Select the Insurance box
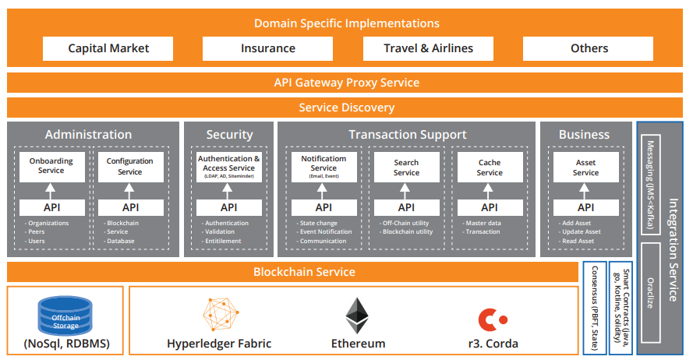(x=267, y=48)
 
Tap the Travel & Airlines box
(x=428, y=48)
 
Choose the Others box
(x=589, y=48)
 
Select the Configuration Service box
(x=129, y=167)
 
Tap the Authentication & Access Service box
(x=229, y=167)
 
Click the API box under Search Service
(x=406, y=207)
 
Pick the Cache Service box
(x=490, y=167)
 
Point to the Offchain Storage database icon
(x=65, y=314)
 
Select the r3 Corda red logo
(x=493, y=318)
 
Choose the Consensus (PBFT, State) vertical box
(x=594, y=308)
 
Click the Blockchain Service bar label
(x=304, y=272)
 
